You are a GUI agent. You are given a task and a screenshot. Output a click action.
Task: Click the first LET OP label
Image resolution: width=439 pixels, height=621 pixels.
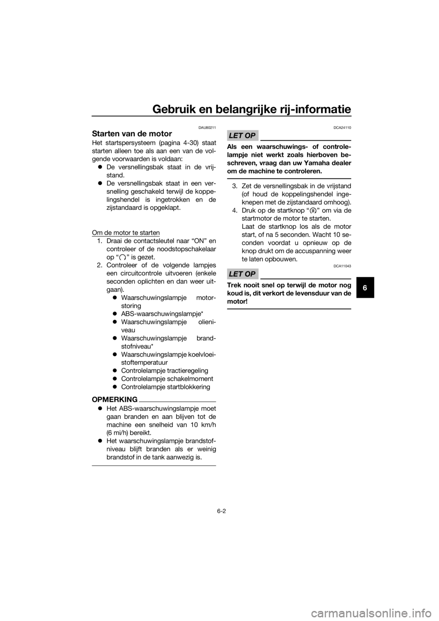click(x=242, y=135)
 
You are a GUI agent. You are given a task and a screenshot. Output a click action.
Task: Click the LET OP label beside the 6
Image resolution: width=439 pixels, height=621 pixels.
click(x=242, y=274)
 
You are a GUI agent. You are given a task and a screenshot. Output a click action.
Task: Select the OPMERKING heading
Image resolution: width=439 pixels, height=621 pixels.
click(x=115, y=400)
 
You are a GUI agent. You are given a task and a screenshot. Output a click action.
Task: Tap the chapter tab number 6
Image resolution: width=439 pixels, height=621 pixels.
click(x=364, y=289)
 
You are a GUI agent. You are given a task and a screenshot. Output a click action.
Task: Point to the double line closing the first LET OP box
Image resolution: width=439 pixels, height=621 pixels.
click(x=289, y=178)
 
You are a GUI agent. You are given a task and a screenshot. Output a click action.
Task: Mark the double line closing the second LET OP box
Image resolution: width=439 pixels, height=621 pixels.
click(x=289, y=310)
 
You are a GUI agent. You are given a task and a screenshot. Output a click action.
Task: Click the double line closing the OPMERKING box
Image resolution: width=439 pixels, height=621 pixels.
click(x=154, y=466)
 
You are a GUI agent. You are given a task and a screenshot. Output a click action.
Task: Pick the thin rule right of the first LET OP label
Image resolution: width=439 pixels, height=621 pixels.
click(x=305, y=139)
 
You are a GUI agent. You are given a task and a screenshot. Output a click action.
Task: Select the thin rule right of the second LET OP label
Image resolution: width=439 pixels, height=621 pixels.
click(x=305, y=278)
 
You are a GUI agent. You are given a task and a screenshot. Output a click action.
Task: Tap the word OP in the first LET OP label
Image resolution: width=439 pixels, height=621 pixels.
click(x=250, y=135)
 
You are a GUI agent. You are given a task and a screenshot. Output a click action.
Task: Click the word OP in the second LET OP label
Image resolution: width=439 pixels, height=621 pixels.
click(x=250, y=274)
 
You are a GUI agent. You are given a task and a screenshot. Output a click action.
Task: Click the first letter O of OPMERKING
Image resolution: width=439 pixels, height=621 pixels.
click(x=95, y=400)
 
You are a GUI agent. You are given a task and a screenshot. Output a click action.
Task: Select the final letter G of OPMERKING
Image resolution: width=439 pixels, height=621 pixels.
click(x=134, y=400)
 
